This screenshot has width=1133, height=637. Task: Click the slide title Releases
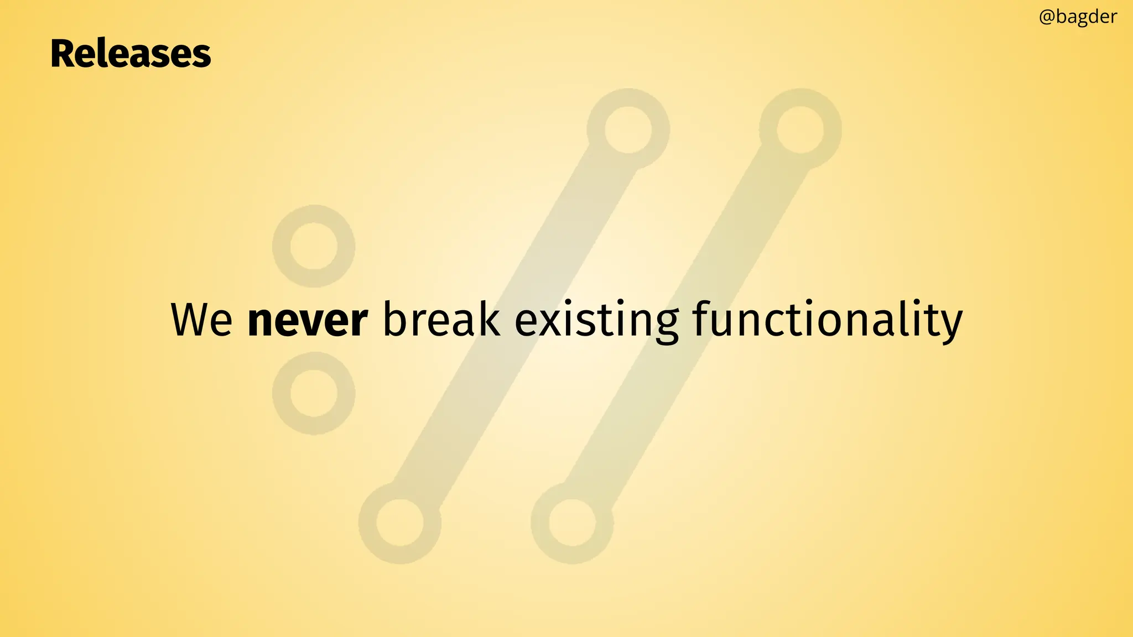tap(131, 54)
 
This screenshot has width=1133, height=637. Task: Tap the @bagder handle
tap(1078, 17)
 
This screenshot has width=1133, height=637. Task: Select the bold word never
tap(307, 321)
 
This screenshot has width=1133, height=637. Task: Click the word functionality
tap(828, 321)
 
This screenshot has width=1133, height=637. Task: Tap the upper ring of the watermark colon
tap(314, 246)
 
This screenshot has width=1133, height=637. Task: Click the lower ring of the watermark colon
tap(314, 393)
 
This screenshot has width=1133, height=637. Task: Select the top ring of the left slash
tap(628, 129)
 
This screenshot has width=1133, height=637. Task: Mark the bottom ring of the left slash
tap(399, 523)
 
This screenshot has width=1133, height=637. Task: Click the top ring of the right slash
tap(801, 129)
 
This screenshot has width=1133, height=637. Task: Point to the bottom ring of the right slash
tap(572, 523)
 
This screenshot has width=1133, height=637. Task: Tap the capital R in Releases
tap(63, 54)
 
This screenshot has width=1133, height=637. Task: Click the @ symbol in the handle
tap(1047, 17)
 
